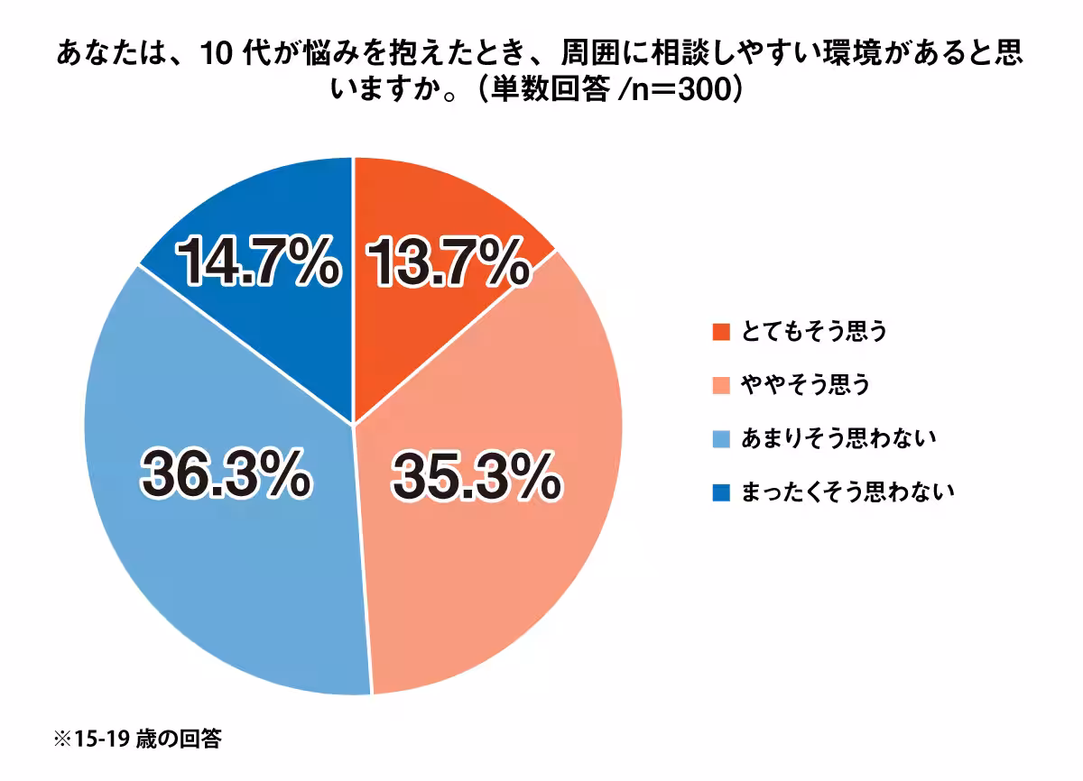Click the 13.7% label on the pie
[x=448, y=262]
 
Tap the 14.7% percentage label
[x=257, y=262]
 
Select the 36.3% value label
[x=226, y=473]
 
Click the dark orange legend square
[x=721, y=332]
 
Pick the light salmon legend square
[x=721, y=385]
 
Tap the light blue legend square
[x=721, y=439]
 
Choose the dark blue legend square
[x=721, y=492]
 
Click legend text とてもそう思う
[x=814, y=332]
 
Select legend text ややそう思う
[x=805, y=385]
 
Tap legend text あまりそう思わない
[x=838, y=439]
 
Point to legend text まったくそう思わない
[x=848, y=492]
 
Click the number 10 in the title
[x=216, y=53]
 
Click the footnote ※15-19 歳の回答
[x=138, y=739]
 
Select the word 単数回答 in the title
[x=551, y=90]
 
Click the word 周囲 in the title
[x=590, y=52]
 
